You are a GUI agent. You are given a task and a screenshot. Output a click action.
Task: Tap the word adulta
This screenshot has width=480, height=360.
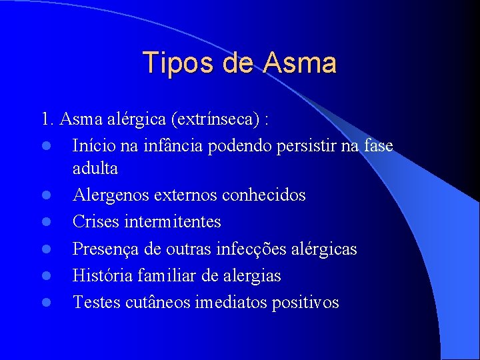(x=95, y=169)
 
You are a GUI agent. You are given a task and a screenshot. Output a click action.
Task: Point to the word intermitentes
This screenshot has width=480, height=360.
(x=177, y=222)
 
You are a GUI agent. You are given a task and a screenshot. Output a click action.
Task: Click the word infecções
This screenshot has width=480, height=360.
(x=250, y=249)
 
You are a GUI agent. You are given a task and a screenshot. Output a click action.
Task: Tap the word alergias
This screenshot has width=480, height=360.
(x=251, y=275)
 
